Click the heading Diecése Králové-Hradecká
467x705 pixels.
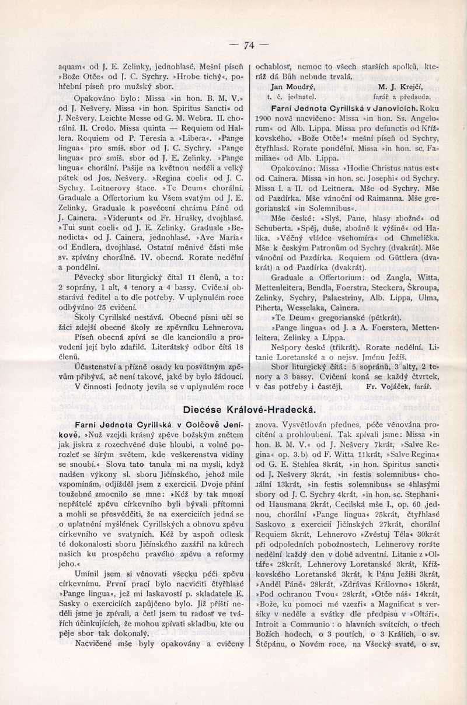pos(250,409)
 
